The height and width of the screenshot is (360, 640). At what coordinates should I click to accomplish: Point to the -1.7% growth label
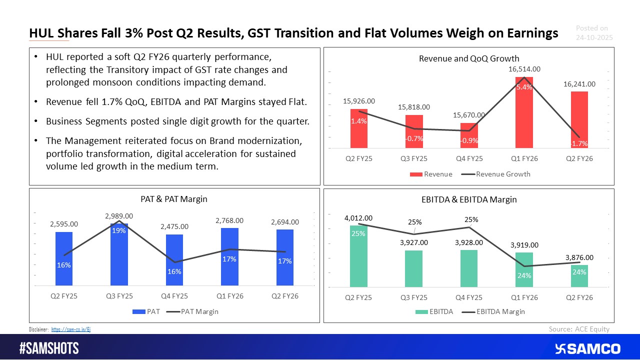tap(579, 143)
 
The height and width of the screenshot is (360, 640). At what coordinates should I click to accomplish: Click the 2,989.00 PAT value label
tap(119, 215)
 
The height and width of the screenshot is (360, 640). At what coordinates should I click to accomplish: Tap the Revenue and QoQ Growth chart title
tap(468, 59)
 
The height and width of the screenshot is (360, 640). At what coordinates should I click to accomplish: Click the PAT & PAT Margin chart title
tap(174, 199)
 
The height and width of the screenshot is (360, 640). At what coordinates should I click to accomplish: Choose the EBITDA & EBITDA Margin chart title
tap(468, 199)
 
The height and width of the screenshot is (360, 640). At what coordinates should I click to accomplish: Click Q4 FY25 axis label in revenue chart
tap(468, 158)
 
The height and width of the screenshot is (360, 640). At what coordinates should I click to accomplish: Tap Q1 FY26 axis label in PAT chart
tap(229, 296)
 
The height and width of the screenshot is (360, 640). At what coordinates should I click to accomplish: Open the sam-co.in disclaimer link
tap(71, 329)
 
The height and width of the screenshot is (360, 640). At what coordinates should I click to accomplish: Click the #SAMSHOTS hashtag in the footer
tap(49, 348)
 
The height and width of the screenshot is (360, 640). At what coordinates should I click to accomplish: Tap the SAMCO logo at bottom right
tap(587, 348)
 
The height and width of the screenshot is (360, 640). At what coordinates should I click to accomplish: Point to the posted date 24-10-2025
tap(594, 37)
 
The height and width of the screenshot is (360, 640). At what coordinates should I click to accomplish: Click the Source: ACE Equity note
tap(579, 328)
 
